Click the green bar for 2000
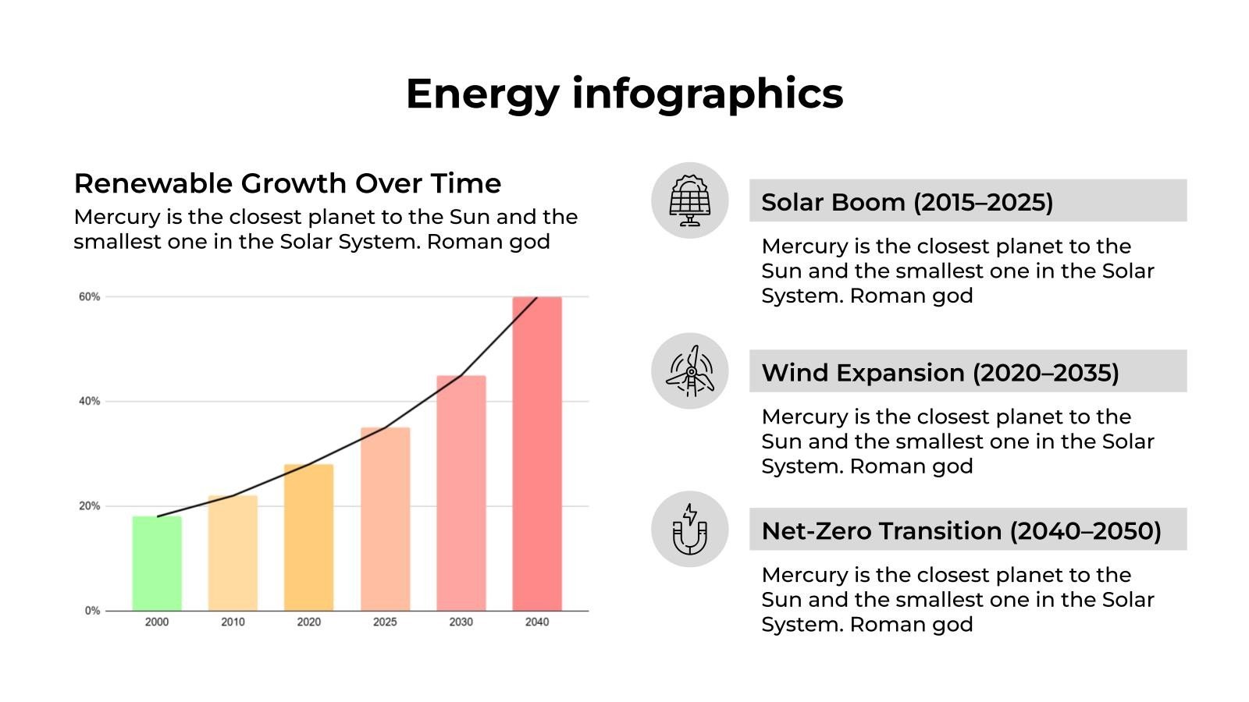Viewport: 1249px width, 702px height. (157, 563)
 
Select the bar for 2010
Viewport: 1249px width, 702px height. (233, 553)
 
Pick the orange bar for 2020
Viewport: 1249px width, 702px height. (308, 537)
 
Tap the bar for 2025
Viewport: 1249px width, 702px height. (385, 519)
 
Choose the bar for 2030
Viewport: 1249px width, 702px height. (461, 493)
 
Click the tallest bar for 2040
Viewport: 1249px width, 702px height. (537, 454)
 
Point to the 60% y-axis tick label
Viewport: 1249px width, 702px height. (90, 297)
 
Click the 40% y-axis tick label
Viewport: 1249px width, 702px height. (90, 402)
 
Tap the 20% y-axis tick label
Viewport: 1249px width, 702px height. (90, 506)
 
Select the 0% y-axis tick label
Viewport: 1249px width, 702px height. (92, 611)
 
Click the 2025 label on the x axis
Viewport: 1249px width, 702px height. (385, 622)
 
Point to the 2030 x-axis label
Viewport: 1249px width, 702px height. (461, 622)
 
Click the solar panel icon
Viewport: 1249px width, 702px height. (690, 200)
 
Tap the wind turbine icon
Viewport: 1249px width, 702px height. (690, 371)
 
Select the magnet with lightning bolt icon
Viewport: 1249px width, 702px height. (690, 529)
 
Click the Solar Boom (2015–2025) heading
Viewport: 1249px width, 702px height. (907, 202)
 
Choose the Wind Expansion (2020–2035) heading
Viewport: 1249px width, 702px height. (940, 373)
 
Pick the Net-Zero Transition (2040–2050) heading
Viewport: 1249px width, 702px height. (961, 531)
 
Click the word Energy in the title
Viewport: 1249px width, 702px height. (482, 94)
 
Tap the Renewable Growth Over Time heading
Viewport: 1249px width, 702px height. (287, 183)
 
